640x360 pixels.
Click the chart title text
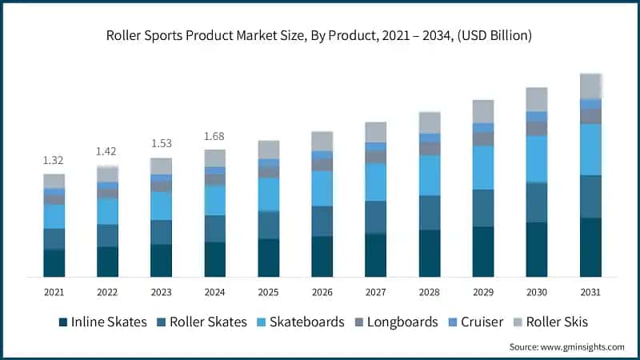[320, 35]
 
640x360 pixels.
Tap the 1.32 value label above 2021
[54, 161]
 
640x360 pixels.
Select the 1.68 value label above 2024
[214, 136]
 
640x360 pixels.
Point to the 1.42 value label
[107, 151]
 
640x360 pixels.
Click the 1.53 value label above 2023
[161, 143]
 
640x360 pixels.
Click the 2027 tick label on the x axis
[375, 291]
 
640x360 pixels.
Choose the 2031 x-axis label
[590, 291]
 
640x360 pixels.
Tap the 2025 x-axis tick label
[268, 291]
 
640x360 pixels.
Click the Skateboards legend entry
[300, 322]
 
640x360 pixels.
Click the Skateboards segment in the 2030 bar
[537, 158]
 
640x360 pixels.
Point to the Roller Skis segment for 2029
[483, 111]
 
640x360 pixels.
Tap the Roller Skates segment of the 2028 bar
[430, 212]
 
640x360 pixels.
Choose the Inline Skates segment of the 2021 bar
[54, 262]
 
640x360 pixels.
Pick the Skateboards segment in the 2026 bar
[322, 188]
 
